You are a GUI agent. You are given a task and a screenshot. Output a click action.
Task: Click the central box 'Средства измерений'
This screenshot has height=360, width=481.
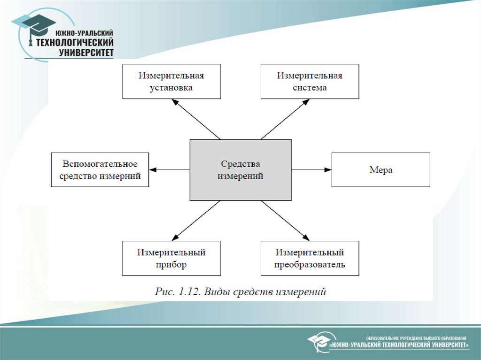[x=240, y=170]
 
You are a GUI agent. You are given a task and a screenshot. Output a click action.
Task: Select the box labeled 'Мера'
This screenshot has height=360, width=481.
[x=380, y=170]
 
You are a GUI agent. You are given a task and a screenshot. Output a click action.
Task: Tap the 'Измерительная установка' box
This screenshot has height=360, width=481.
[x=171, y=82]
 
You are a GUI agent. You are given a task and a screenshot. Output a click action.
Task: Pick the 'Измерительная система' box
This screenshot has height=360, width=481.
[x=310, y=82]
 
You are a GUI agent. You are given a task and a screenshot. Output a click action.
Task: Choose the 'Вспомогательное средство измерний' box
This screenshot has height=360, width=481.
[x=100, y=170]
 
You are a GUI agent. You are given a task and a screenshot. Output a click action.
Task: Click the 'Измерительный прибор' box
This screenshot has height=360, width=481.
[x=171, y=258]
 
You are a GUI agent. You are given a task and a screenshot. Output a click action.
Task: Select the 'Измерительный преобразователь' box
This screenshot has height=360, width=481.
[x=310, y=258]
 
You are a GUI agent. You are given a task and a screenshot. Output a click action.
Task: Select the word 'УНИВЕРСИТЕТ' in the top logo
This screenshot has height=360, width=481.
[x=86, y=53]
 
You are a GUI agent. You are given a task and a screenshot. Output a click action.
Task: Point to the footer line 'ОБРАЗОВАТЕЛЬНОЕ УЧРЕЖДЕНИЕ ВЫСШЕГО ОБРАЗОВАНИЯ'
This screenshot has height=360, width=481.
[x=416, y=338]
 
